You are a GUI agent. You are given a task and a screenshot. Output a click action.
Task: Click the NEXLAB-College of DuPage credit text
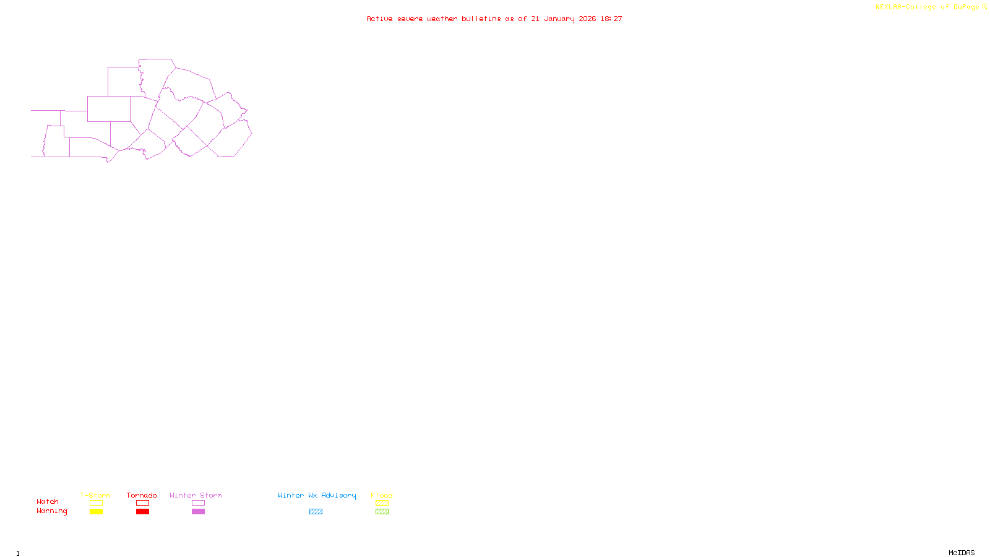point(927,7)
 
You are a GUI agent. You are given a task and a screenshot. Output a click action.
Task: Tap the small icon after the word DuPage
point(984,7)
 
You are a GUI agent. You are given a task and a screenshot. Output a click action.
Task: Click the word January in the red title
point(559,19)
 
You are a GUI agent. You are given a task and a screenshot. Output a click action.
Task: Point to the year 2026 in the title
point(587,19)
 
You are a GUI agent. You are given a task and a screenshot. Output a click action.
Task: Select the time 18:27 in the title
point(611,19)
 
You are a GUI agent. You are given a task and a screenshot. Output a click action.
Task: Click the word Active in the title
point(379,19)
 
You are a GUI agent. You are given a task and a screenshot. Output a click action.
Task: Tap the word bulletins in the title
point(481,19)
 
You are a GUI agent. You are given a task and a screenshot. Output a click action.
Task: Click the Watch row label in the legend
point(48,502)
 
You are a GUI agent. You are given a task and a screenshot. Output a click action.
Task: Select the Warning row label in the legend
point(51,511)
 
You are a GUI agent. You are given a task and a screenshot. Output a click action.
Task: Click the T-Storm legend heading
point(95,495)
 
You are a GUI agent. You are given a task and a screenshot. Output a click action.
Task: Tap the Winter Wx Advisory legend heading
point(317,495)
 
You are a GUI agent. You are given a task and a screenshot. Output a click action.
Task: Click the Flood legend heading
point(382,495)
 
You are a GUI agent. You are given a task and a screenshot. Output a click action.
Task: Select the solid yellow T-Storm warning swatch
point(96,512)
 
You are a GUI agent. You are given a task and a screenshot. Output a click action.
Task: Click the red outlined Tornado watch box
point(142,503)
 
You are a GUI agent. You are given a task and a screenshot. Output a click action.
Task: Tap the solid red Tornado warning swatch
point(142,512)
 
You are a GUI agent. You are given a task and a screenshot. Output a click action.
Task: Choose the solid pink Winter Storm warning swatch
point(198,512)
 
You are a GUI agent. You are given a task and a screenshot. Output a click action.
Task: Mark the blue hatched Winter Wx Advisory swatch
point(316,512)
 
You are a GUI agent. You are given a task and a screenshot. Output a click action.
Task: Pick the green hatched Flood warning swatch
point(382,512)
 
